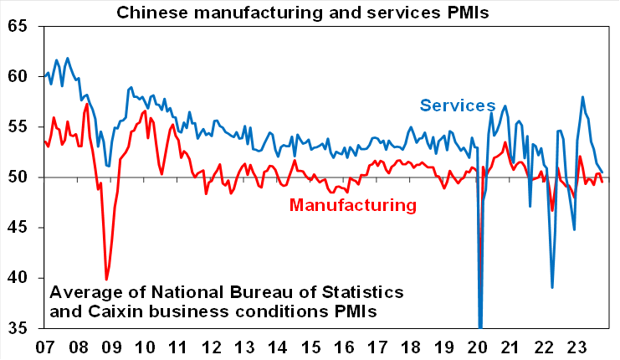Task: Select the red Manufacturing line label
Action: pos(352,204)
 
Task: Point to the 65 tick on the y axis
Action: pos(18,27)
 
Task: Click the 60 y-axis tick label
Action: pos(18,77)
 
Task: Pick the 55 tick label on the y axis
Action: pos(18,127)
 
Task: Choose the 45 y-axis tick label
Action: pos(18,228)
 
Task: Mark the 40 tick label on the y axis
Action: pos(18,278)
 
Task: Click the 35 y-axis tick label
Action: pos(18,328)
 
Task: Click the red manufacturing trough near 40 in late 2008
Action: pos(106,279)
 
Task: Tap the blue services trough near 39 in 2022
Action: pos(552,287)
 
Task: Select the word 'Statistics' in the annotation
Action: pos(358,293)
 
